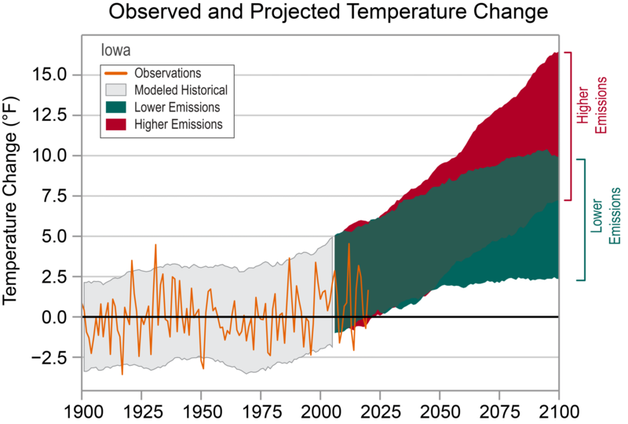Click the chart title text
328,12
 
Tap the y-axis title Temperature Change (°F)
11,200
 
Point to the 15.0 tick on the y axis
49,75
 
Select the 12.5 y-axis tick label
49,115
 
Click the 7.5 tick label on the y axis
54,196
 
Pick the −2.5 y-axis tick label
49,357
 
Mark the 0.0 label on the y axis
54,317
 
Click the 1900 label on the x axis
82,411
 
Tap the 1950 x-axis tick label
202,411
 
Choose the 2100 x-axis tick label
559,411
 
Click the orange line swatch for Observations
115,73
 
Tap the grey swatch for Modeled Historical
115,90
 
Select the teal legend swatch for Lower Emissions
115,108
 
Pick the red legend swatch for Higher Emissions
115,125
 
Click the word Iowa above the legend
115,50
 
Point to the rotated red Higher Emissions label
592,105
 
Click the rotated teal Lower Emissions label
605,216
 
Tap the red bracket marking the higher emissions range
571,126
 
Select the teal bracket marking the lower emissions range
584,220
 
